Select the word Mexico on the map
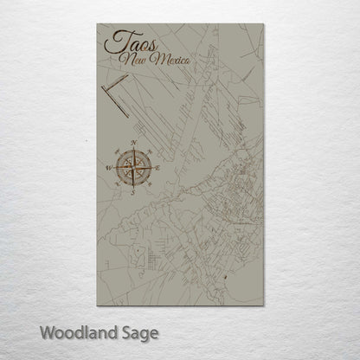(170, 59)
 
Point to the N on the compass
(132, 141)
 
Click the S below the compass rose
(132, 193)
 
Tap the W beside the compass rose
(108, 167)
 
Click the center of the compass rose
(132, 167)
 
